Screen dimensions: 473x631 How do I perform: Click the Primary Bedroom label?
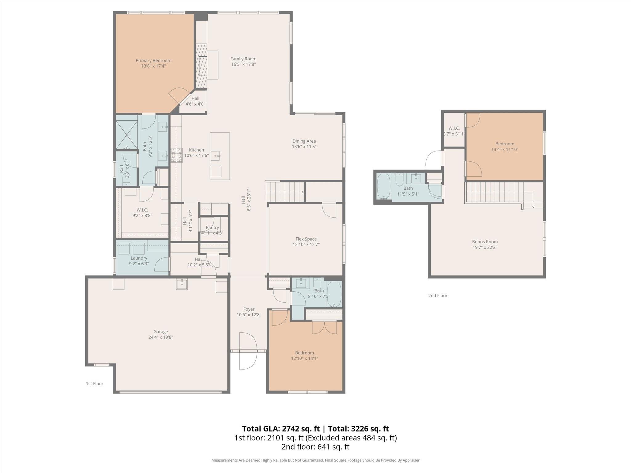[153, 61]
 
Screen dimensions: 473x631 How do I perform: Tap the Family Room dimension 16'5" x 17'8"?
[243, 64]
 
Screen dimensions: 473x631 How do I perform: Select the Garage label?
[161, 332]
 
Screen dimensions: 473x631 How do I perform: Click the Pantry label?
[212, 228]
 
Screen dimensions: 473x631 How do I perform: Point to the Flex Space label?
[306, 239]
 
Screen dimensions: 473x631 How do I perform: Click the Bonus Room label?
[485, 242]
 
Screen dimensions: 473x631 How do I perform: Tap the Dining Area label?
[304, 141]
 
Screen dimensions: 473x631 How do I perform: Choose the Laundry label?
[139, 258]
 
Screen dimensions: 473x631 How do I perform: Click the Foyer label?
[249, 309]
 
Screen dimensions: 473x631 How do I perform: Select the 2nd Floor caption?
[438, 296]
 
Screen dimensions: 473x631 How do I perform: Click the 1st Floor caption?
[95, 384]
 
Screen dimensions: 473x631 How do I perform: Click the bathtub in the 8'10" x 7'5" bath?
[334, 294]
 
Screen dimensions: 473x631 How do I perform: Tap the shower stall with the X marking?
[127, 135]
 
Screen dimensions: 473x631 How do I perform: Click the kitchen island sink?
[215, 156]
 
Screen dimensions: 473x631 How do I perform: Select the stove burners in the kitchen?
[177, 155]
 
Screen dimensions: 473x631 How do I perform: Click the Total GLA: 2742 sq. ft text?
[281, 429]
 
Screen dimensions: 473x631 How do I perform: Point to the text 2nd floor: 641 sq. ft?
[315, 447]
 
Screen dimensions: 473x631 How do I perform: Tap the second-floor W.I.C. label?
[454, 128]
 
